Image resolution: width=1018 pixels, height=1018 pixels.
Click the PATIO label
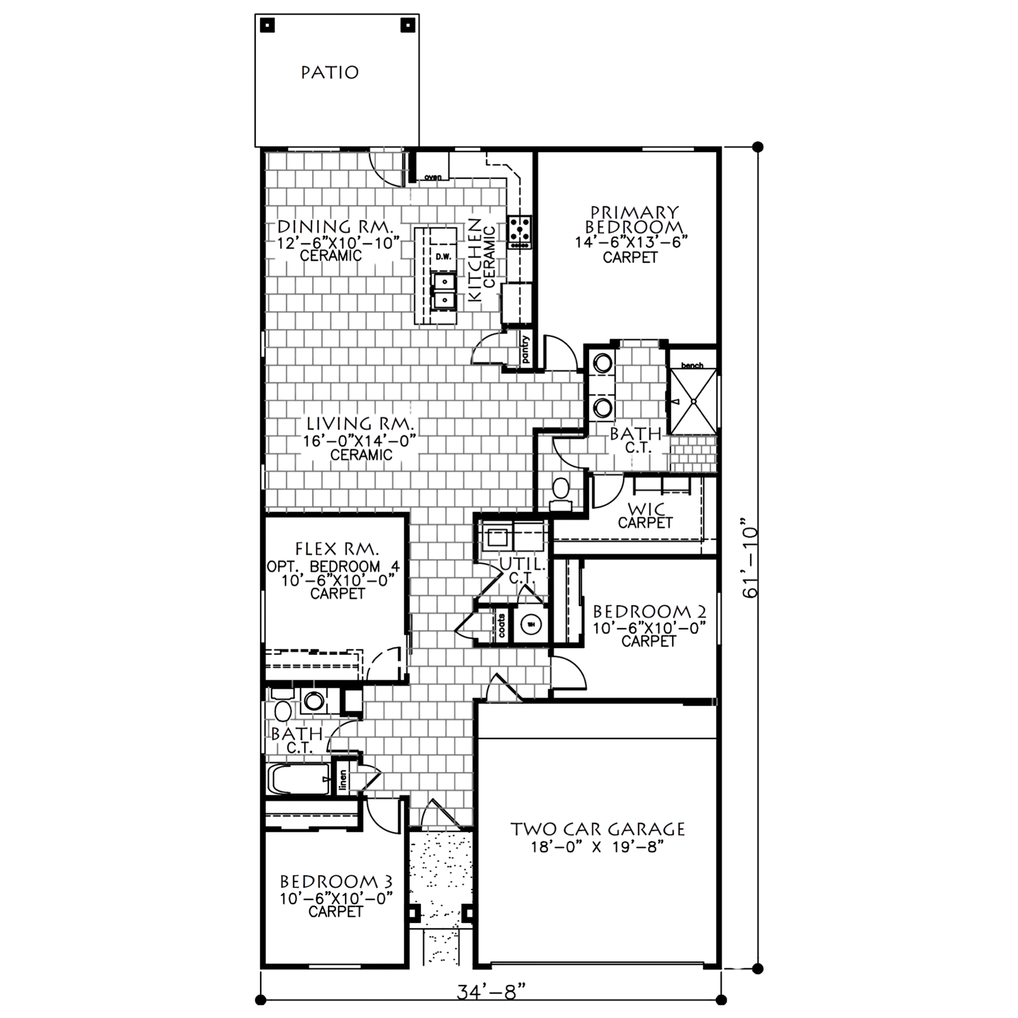pos(329,72)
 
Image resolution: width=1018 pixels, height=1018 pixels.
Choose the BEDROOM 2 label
pos(648,612)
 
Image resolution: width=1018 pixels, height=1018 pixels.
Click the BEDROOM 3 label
pos(337,883)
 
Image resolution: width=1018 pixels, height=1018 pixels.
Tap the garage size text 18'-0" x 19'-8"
pos(598,848)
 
